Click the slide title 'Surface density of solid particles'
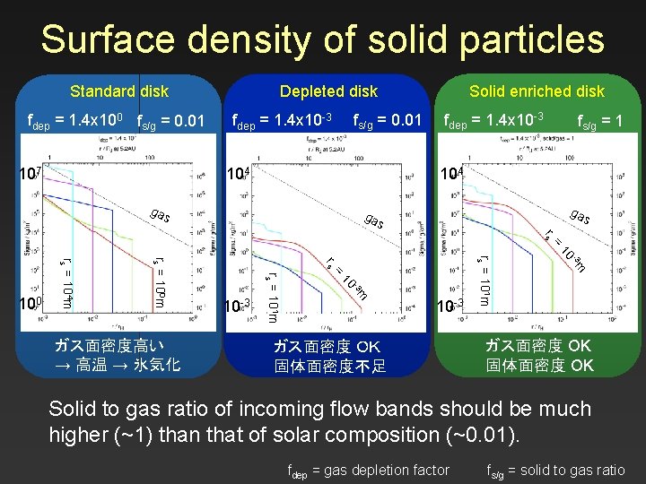tap(322, 39)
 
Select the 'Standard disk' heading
tap(119, 91)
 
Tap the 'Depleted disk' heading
tap(328, 91)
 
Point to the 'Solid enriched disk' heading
tap(537, 91)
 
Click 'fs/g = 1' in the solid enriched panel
tap(600, 120)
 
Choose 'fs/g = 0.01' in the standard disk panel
tap(170, 120)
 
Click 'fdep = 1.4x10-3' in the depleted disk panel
tap(283, 120)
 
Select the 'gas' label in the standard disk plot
tap(161, 216)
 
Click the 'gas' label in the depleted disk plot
tap(376, 220)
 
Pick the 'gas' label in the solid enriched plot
tap(581, 216)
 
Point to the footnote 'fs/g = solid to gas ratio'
tap(555, 470)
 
